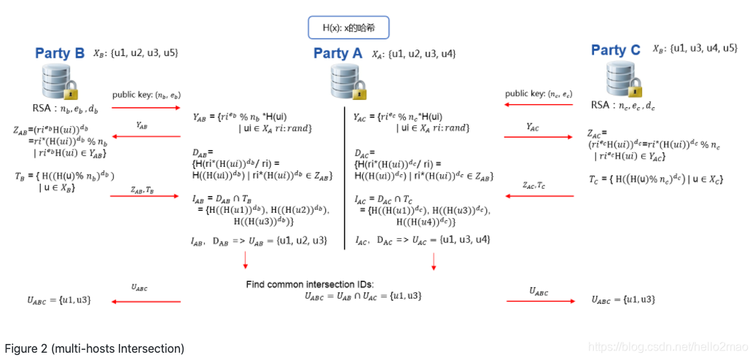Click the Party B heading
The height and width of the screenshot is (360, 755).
click(60, 52)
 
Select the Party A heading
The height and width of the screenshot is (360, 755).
click(337, 52)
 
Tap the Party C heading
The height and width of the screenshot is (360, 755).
click(616, 50)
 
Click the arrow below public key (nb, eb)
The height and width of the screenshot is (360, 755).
click(145, 108)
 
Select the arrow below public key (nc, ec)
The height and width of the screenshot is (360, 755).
click(537, 105)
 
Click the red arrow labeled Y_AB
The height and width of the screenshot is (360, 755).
click(145, 136)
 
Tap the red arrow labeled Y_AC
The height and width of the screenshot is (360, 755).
click(537, 136)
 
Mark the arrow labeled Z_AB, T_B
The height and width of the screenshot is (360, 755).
click(145, 196)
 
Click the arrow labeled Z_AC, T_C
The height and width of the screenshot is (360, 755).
click(537, 196)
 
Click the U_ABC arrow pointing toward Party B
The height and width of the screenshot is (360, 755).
click(145, 300)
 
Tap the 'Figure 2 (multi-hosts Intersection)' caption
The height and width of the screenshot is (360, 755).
click(95, 348)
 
